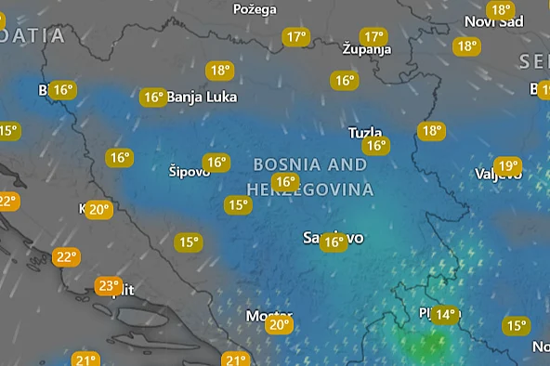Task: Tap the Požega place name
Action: [x=254, y=8]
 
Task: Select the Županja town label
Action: [x=366, y=48]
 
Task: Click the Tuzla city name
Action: [x=364, y=132]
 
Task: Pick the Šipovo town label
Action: [x=190, y=171]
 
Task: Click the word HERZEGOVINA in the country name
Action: [x=313, y=190]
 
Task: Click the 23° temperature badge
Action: [x=109, y=286]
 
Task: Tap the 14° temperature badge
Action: [x=444, y=315]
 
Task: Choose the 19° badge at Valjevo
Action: [x=507, y=167]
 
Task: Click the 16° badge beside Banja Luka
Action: [x=153, y=97]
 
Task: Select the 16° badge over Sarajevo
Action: [x=333, y=242]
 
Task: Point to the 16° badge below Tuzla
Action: [x=375, y=146]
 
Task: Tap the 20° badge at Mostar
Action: [x=279, y=325]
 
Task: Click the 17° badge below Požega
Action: [x=295, y=37]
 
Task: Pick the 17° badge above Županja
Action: [x=373, y=37]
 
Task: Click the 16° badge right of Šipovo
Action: [x=216, y=163]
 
